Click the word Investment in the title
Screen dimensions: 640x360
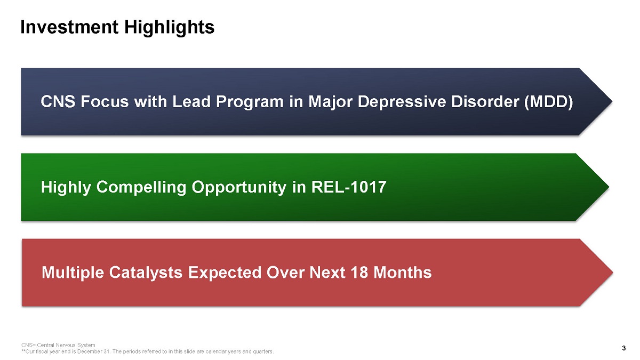point(69,27)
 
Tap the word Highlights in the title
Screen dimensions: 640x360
point(169,28)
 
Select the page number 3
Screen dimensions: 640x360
point(623,348)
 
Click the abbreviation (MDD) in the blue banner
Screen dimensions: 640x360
point(549,102)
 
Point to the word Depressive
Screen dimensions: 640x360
point(402,102)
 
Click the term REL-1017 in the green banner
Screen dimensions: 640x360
point(349,187)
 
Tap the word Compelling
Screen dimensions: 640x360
point(141,188)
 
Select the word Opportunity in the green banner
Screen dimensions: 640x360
point(239,188)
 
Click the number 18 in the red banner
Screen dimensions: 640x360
point(359,273)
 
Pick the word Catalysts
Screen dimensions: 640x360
point(146,273)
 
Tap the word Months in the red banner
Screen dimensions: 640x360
point(403,273)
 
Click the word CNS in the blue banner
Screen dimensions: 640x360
point(58,102)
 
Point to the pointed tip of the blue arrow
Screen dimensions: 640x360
point(612,101)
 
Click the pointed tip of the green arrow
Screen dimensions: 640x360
point(609,187)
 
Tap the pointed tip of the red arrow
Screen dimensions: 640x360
point(613,273)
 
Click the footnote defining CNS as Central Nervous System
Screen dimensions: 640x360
point(58,345)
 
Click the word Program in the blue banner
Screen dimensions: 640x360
point(250,102)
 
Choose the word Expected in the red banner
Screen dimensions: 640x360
point(225,273)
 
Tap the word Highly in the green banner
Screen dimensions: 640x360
point(66,188)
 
